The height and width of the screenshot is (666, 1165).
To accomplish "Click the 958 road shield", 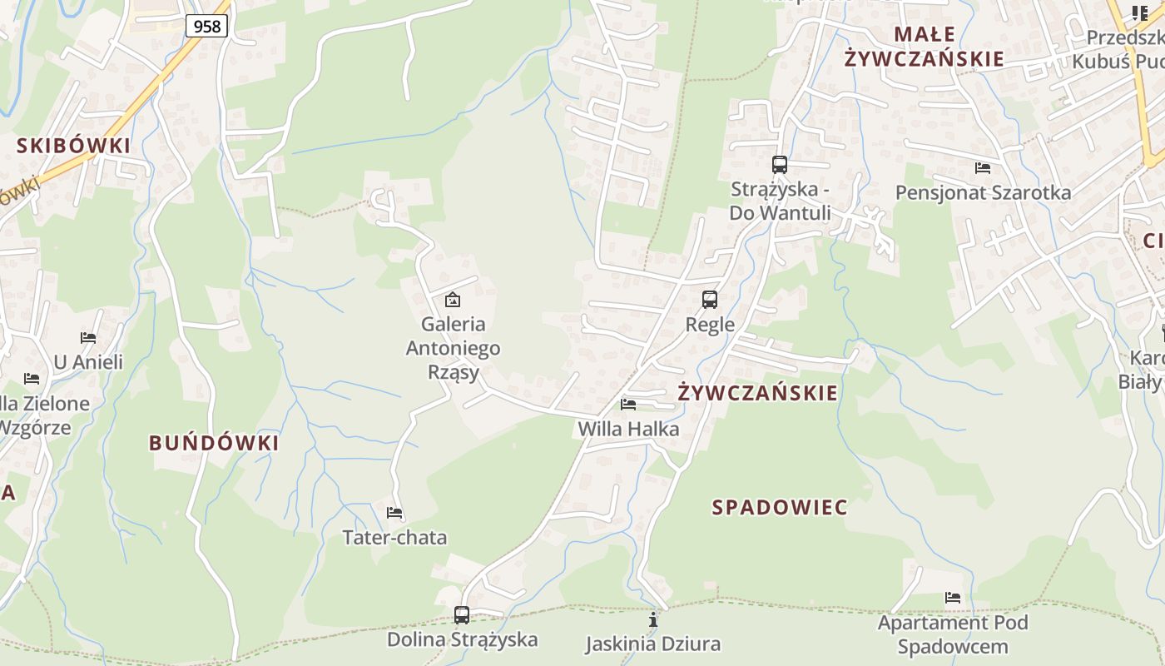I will pyautogui.click(x=206, y=27).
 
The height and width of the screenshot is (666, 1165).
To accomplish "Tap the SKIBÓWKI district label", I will pyautogui.click(x=74, y=146).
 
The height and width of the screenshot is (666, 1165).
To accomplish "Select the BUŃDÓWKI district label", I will pyautogui.click(x=214, y=443).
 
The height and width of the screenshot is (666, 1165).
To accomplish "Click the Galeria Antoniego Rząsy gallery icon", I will pyautogui.click(x=453, y=300).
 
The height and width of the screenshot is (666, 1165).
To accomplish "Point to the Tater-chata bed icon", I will pyautogui.click(x=394, y=513).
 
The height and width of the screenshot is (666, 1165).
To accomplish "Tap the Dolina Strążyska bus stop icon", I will pyautogui.click(x=462, y=615).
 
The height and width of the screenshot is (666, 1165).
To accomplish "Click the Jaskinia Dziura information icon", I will pyautogui.click(x=653, y=619).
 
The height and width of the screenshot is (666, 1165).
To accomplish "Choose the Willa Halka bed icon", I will pyautogui.click(x=628, y=405).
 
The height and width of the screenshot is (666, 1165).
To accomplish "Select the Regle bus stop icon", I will pyautogui.click(x=710, y=300).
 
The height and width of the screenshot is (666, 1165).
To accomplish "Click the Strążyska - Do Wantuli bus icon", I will pyautogui.click(x=780, y=165).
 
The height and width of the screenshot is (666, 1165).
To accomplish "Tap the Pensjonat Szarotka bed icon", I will pyautogui.click(x=983, y=168).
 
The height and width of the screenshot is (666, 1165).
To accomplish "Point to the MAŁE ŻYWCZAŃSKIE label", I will pyautogui.click(x=924, y=47).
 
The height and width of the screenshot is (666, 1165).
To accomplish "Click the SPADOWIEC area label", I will pyautogui.click(x=780, y=507).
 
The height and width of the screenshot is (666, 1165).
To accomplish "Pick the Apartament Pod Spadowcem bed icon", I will pyautogui.click(x=953, y=598).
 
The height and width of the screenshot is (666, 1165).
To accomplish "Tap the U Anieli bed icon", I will pyautogui.click(x=88, y=338).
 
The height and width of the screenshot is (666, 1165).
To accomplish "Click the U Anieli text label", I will pyautogui.click(x=88, y=362).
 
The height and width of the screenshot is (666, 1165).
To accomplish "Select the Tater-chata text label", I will pyautogui.click(x=394, y=538).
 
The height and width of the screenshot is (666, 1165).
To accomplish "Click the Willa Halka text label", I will pyautogui.click(x=628, y=430).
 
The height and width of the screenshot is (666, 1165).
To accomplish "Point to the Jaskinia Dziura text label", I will pyautogui.click(x=653, y=644).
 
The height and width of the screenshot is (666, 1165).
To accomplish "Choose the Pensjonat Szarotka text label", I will pyautogui.click(x=983, y=193).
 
